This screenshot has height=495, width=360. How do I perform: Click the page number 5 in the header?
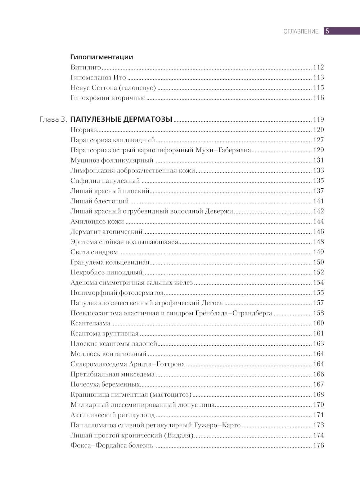click(x=327, y=31)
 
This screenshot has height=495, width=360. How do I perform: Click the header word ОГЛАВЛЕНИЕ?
click(x=301, y=31)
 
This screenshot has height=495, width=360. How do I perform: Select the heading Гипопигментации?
click(x=102, y=57)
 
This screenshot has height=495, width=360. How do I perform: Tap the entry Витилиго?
click(x=86, y=67)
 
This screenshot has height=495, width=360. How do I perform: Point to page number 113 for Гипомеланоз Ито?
click(x=319, y=77)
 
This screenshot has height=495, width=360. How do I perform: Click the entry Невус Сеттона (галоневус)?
click(x=113, y=87)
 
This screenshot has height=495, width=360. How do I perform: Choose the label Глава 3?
click(x=53, y=120)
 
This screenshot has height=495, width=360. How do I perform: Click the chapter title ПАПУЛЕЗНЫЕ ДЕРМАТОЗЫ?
click(x=121, y=119)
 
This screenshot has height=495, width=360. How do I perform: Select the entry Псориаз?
click(x=84, y=130)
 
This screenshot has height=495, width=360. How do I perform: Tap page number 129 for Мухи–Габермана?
click(x=319, y=150)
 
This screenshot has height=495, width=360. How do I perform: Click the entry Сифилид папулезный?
click(x=105, y=181)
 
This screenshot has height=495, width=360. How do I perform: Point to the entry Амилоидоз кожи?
click(x=97, y=221)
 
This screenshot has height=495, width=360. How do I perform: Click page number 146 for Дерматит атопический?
click(x=319, y=231)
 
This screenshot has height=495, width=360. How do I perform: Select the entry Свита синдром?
click(x=94, y=252)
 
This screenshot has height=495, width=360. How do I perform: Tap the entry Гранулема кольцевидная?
click(x=110, y=262)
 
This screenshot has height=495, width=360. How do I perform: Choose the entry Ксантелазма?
click(x=90, y=323)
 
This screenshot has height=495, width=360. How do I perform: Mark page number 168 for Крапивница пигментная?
click(x=319, y=395)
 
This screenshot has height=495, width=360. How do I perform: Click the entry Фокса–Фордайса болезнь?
click(x=112, y=446)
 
